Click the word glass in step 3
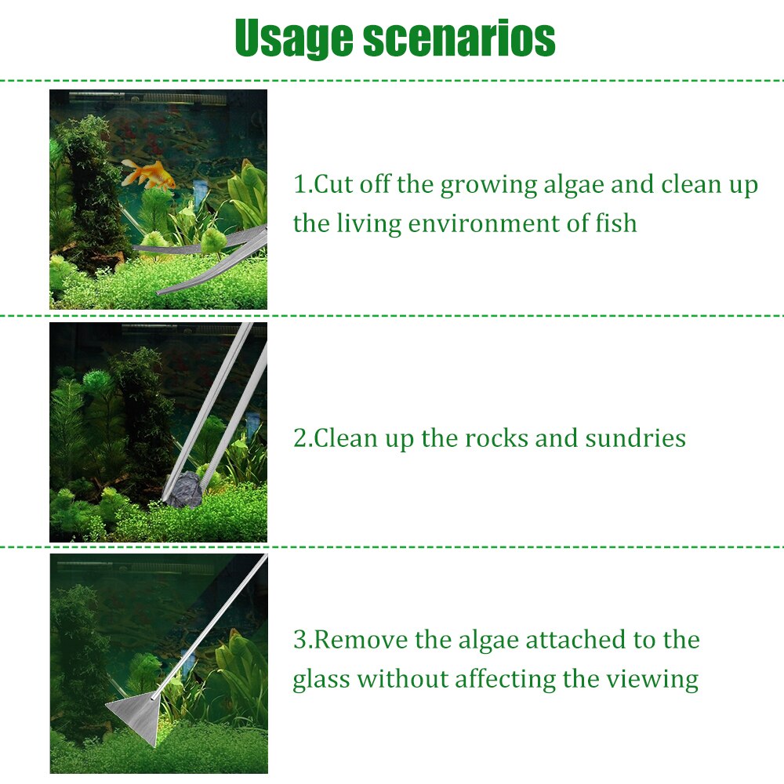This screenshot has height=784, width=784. point(321,679)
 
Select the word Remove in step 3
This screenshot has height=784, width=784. point(362,641)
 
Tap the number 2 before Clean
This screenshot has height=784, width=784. point(299,438)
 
